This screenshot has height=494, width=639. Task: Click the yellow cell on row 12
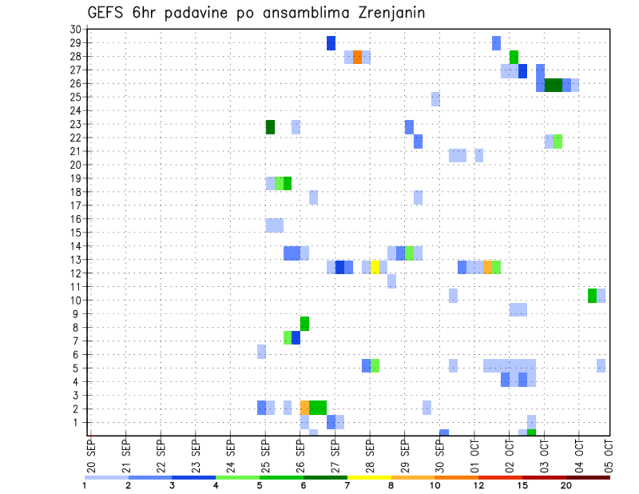coord(375,267)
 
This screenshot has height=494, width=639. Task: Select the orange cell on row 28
coord(357,57)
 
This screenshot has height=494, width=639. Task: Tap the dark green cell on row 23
coord(270,126)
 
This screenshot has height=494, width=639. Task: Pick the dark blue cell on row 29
coord(331,43)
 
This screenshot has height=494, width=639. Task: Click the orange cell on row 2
coord(305,407)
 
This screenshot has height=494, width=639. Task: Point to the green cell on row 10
coord(592,295)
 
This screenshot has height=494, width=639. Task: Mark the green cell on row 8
coord(305,323)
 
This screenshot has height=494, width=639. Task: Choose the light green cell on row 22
coord(558,141)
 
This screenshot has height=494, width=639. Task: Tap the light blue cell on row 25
coord(435,99)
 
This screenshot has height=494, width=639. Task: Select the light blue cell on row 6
coord(262,351)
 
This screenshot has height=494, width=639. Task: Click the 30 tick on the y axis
coord(75,29)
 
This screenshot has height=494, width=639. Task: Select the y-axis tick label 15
coord(75,232)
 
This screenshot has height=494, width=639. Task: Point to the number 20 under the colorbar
coord(566,485)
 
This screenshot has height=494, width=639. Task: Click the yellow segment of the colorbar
coord(369,477)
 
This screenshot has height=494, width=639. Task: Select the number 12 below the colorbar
coord(479,485)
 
